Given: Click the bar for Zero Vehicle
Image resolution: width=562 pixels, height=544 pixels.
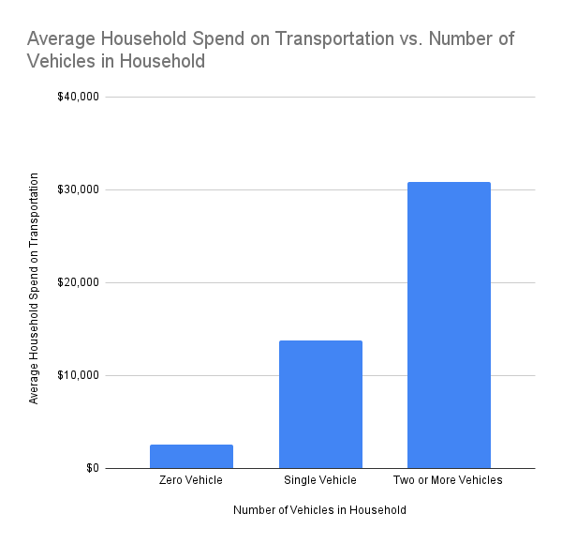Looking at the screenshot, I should click(x=191, y=456).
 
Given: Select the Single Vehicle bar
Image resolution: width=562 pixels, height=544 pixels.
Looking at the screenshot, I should click(x=320, y=404).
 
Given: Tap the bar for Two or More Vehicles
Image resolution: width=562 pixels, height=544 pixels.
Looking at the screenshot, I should click(x=449, y=325).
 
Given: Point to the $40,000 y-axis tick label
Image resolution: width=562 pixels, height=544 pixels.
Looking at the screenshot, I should click(x=78, y=97).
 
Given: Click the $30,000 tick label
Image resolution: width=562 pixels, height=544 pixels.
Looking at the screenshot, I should click(x=78, y=189).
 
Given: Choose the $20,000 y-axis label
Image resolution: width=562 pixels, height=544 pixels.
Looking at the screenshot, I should click(x=78, y=282).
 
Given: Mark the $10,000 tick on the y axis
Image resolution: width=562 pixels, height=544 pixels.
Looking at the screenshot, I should click(x=78, y=375).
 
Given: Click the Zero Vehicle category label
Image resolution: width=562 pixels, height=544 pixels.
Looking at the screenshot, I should click(x=191, y=480).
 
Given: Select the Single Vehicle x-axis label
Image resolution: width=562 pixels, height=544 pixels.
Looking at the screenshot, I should click(x=320, y=480).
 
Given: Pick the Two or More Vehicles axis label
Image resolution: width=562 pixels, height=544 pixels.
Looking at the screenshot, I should click(x=449, y=480).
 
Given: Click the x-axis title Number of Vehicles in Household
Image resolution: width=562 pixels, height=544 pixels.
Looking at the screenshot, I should click(x=320, y=511).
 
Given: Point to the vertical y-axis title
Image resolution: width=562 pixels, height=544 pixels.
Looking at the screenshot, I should click(x=34, y=288).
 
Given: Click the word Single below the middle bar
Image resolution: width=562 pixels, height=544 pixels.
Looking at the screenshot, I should click(x=301, y=480).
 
